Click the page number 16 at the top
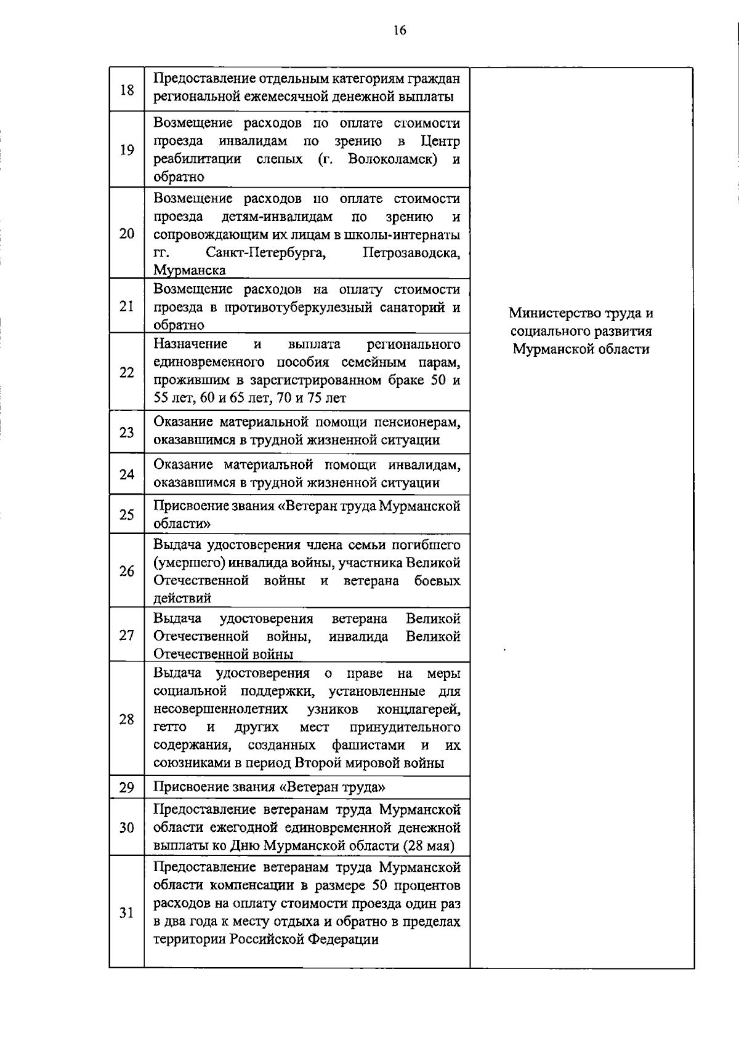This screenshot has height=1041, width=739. click(x=400, y=30)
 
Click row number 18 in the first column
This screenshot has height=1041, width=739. click(x=127, y=90)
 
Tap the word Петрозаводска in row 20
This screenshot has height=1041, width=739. click(x=411, y=253)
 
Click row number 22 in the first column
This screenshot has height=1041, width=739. click(x=127, y=372)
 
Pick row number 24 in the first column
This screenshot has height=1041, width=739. click(x=127, y=474)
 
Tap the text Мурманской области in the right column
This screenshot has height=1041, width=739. click(x=581, y=349)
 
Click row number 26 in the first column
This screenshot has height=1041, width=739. click(x=127, y=571)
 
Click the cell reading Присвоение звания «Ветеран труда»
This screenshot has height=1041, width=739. click(x=269, y=788)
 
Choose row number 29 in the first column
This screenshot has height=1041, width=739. click(x=127, y=788)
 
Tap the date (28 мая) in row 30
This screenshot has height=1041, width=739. click(x=429, y=846)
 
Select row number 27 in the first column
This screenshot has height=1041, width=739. click(x=127, y=635)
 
